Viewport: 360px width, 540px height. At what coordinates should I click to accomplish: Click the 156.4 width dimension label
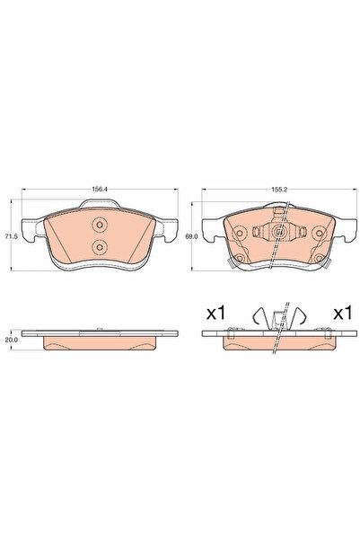100,190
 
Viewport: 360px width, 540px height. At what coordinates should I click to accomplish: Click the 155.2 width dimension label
278,190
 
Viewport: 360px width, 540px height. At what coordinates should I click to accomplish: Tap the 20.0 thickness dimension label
11,341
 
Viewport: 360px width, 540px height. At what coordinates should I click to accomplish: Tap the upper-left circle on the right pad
239,231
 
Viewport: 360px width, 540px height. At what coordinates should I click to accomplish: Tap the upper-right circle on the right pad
319,231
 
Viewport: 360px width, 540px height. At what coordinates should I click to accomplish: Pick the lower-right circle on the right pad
319,261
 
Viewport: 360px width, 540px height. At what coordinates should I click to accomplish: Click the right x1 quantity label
341,314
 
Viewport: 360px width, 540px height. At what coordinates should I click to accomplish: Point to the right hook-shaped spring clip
303,316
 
